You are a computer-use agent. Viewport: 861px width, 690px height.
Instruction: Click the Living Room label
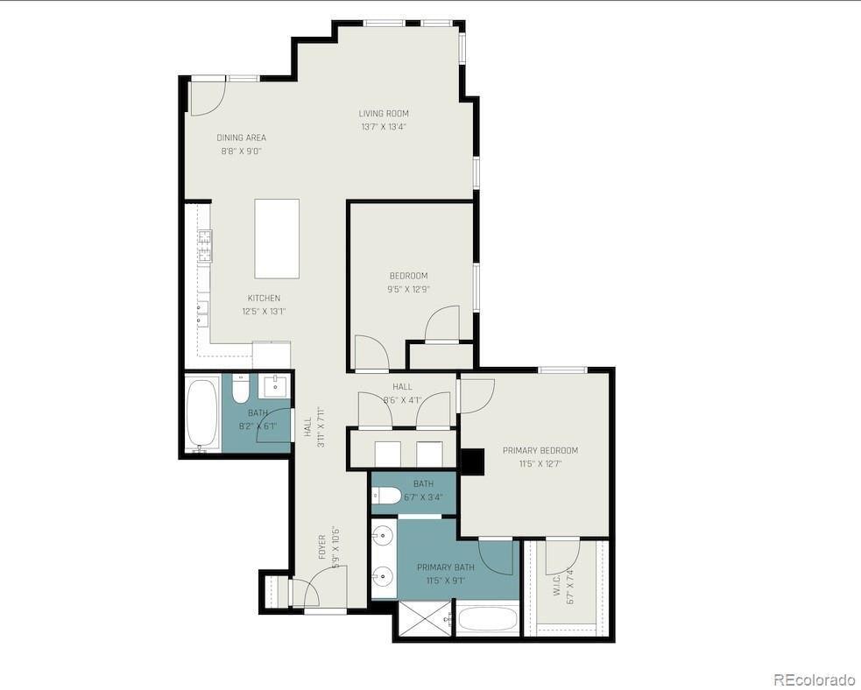[384, 114]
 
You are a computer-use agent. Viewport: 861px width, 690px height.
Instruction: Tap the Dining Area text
[241, 138]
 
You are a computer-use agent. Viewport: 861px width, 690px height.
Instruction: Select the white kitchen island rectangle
[277, 238]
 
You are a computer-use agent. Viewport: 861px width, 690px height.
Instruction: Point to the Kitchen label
[264, 299]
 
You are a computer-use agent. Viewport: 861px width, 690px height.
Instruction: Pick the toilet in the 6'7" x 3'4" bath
[387, 496]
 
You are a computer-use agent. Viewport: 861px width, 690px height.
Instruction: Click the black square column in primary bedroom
[472, 461]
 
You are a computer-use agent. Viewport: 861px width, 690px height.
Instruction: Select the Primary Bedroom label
[540, 451]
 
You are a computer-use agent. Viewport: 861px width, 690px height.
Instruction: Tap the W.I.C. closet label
[557, 586]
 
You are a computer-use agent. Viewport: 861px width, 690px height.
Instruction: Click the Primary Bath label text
[445, 567]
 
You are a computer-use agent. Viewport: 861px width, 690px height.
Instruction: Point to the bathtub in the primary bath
[488, 619]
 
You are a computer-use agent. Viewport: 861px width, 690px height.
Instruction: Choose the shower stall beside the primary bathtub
[424, 619]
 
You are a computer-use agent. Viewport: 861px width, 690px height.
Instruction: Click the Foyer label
[321, 547]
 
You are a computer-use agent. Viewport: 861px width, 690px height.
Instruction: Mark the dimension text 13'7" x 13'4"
[384, 127]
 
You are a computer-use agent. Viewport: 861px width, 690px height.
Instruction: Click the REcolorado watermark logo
[814, 679]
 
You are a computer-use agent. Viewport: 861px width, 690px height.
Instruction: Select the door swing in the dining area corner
[208, 97]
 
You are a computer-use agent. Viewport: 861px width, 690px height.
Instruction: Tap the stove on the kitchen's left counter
[204, 246]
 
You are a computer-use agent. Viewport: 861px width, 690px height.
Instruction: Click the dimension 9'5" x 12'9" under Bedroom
[408, 289]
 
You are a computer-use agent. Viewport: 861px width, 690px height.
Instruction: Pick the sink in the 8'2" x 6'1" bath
[276, 385]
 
